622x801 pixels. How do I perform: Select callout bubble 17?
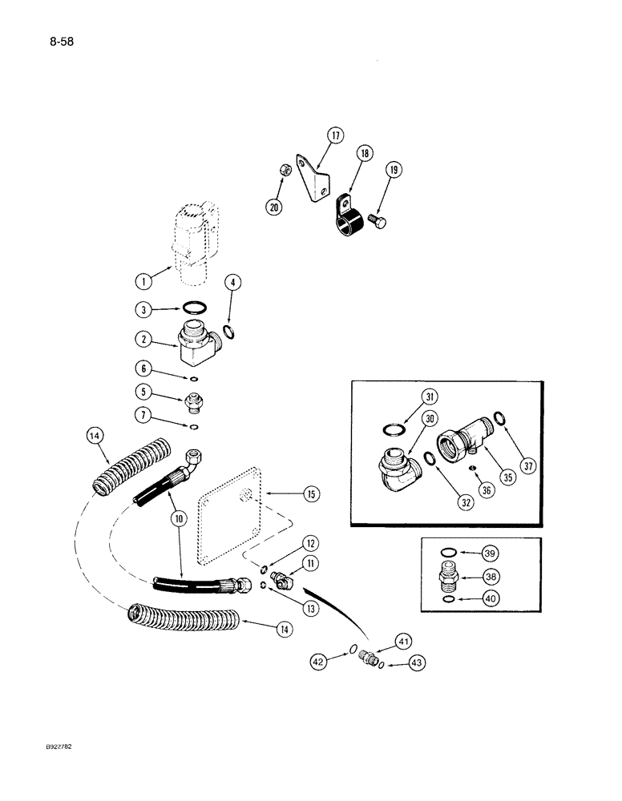pos(336,135)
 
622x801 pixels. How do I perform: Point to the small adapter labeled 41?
pos(370,656)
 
